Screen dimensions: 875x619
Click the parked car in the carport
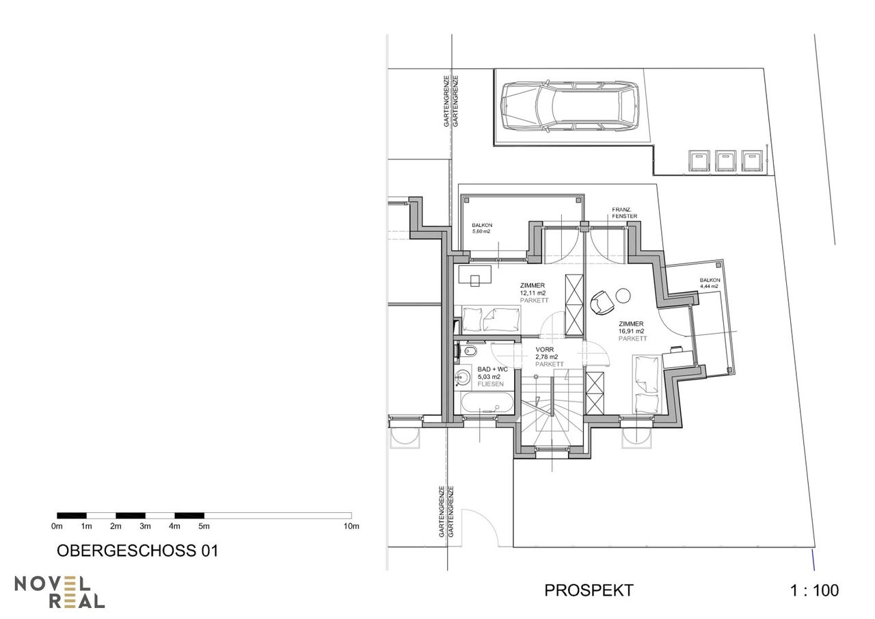571,107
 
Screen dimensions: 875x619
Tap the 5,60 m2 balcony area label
481,231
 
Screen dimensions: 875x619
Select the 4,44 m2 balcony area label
710,286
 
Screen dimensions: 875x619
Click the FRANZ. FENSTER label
624,213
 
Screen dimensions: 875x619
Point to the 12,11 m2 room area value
533,293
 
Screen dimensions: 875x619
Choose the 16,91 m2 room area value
631,331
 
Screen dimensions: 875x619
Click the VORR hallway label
545,350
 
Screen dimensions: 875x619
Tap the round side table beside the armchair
623,296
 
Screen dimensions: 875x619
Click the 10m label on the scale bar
351,526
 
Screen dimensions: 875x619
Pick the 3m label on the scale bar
145,526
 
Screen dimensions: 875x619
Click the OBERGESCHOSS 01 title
137,551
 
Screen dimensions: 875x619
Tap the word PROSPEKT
589,590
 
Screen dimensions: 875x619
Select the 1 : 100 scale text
814,590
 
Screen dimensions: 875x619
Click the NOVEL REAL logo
59,592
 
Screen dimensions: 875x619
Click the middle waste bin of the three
725,161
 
